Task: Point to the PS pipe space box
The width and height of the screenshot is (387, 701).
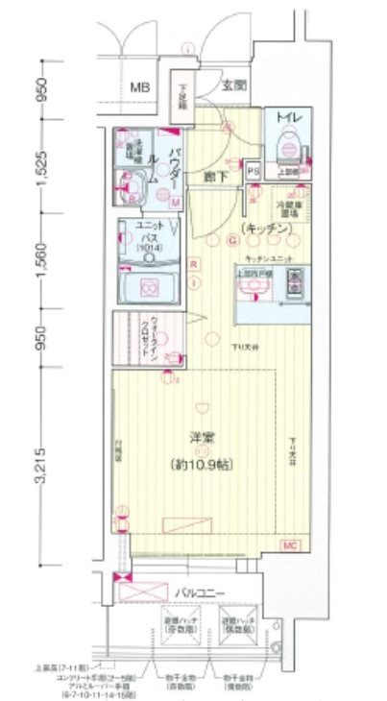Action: [x=254, y=172]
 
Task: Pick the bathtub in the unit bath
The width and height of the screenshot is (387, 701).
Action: [x=150, y=285]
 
